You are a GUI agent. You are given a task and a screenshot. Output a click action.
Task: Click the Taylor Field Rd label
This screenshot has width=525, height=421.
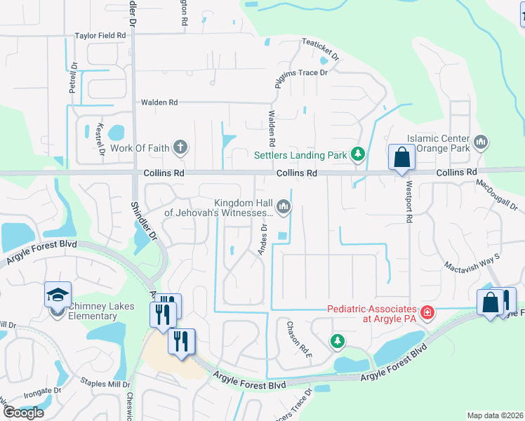100,35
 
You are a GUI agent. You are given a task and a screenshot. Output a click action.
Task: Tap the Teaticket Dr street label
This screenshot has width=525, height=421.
321,48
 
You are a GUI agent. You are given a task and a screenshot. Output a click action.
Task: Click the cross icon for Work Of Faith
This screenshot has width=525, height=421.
180,147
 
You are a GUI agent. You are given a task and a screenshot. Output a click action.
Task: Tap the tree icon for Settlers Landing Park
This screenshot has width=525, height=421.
358,153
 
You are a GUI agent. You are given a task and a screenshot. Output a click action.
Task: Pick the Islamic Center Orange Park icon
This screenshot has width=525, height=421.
481,143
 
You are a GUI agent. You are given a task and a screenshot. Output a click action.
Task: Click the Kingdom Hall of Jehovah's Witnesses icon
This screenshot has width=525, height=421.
284,206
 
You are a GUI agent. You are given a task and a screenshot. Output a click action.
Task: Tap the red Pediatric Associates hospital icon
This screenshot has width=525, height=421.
426,312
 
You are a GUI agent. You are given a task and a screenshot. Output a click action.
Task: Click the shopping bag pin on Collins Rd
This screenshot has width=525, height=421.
401,158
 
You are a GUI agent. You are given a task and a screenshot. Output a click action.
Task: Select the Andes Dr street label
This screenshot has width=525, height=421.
265,239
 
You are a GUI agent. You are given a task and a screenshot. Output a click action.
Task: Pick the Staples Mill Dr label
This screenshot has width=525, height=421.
106,385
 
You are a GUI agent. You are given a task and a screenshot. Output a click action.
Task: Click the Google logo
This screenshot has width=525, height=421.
23,412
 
